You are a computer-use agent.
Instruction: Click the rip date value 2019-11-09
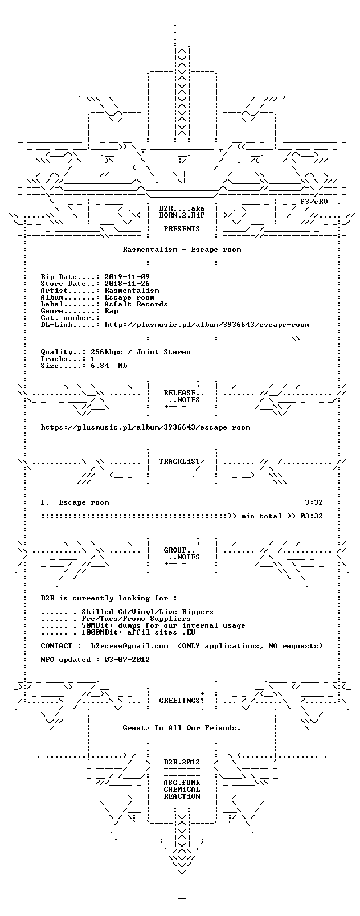coord(127,277)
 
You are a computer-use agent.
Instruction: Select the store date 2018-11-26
coord(127,284)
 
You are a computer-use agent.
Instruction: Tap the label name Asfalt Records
coord(136,304)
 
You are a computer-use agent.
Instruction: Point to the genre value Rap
coord(111,311)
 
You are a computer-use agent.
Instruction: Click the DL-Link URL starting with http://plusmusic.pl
coord(207,325)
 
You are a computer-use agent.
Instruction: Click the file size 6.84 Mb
coord(109,366)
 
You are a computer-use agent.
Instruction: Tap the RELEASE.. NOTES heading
coord(182,396)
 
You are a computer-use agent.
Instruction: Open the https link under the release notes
coord(145,427)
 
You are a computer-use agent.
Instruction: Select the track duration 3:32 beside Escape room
coord(314,502)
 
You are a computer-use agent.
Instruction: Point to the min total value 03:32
coord(312,516)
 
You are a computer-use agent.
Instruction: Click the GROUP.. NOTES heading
coord(182,554)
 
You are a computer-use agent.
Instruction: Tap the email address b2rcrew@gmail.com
coord(129,645)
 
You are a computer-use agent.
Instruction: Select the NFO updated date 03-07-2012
coord(127,659)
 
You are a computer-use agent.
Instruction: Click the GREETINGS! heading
coord(182,701)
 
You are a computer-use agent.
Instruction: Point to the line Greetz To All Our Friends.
coord(182,728)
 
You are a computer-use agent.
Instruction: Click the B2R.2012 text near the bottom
coord(182,762)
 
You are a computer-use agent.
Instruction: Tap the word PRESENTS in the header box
coord(182,229)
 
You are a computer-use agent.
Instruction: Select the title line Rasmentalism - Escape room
coord(182,250)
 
